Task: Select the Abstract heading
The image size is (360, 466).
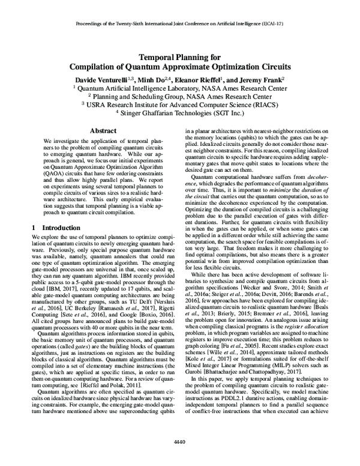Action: pyautogui.click(x=103, y=130)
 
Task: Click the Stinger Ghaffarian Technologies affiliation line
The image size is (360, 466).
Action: pyautogui.click(x=180, y=112)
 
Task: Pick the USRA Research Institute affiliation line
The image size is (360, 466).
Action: pyautogui.click(x=180, y=103)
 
